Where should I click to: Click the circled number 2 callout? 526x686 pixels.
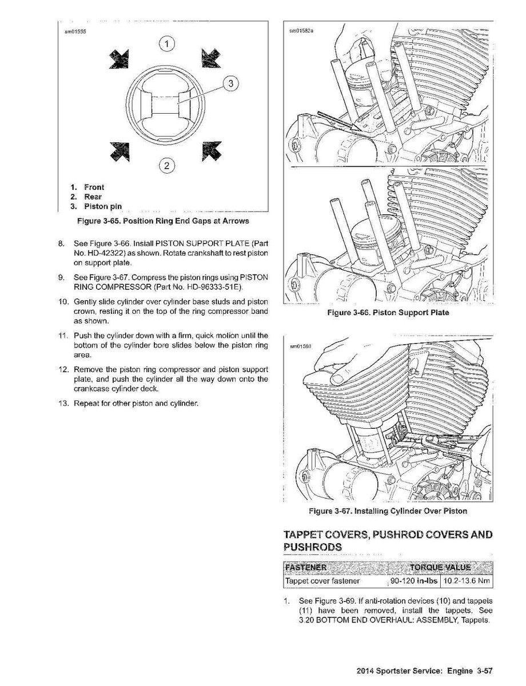click(166, 166)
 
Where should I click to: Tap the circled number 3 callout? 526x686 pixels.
click(230, 84)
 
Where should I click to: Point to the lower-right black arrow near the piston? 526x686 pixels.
click(212, 151)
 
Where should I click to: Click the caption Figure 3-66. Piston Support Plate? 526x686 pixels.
click(388, 312)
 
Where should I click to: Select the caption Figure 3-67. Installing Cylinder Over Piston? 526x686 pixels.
click(388, 510)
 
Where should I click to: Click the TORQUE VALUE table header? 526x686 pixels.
click(440, 567)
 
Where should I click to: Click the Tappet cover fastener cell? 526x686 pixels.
click(322, 581)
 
